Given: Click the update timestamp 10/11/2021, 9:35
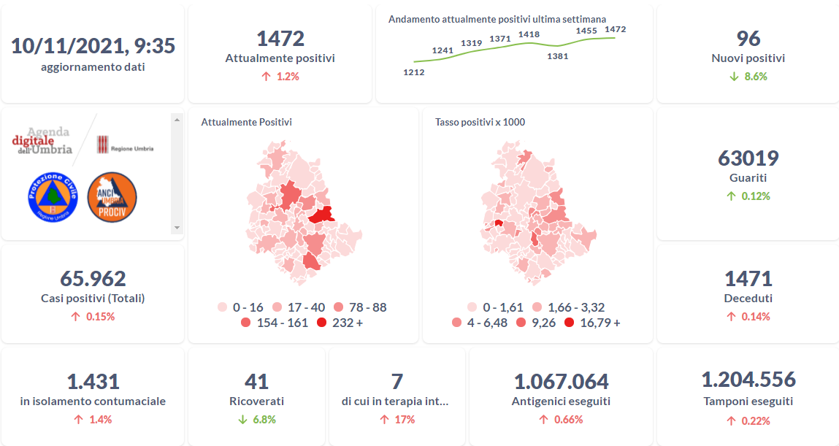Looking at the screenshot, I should point(93,45).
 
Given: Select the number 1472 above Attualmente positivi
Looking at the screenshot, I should point(280,39).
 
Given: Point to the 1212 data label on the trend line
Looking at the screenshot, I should point(413,72).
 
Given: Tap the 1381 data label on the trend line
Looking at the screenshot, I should point(558,55).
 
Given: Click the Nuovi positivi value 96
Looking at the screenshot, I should point(748,39).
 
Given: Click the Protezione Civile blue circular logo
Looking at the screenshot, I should point(53,197).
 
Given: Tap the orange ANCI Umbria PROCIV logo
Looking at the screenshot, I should point(112,197).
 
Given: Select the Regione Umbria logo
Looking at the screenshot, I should point(126,144).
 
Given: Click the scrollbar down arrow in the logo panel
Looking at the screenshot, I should point(176,228).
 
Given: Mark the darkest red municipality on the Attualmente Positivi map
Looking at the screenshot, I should point(321,215).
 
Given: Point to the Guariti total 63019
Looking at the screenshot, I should point(748,158).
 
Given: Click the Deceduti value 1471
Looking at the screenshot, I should point(748,279).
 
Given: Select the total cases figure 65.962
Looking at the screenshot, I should point(93,279).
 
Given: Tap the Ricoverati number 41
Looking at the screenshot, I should point(256,382).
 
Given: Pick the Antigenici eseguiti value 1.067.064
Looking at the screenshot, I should point(561,382).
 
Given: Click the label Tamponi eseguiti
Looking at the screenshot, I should point(748,401).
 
